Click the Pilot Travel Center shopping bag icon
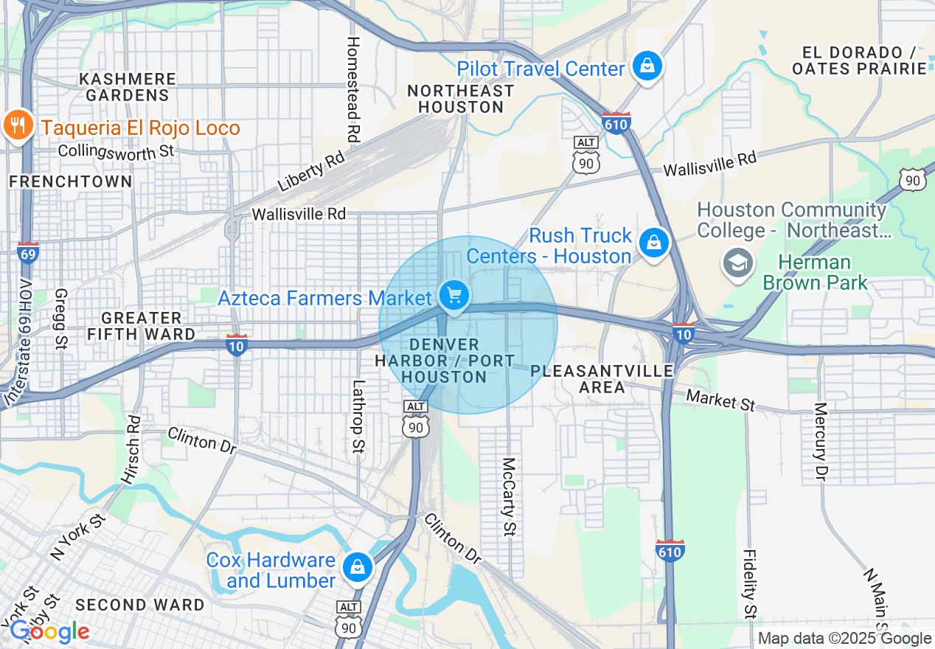click(x=647, y=67)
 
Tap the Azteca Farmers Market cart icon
click(x=454, y=296)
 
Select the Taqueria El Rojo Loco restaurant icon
click(x=17, y=127)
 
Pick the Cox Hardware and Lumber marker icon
click(x=357, y=566)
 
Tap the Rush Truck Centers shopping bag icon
click(x=653, y=243)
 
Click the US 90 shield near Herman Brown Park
click(x=912, y=179)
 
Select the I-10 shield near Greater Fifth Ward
click(x=236, y=345)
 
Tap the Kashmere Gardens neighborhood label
click(x=128, y=87)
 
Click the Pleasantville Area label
click(x=602, y=378)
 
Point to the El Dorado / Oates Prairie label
click(x=858, y=60)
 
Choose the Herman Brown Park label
click(x=815, y=272)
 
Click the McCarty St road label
click(x=509, y=496)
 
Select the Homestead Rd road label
click(x=353, y=89)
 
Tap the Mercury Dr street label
click(x=820, y=441)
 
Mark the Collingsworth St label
click(x=116, y=151)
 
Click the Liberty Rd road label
click(x=311, y=175)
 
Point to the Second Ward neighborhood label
click(x=140, y=605)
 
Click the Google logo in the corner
click(x=49, y=631)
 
